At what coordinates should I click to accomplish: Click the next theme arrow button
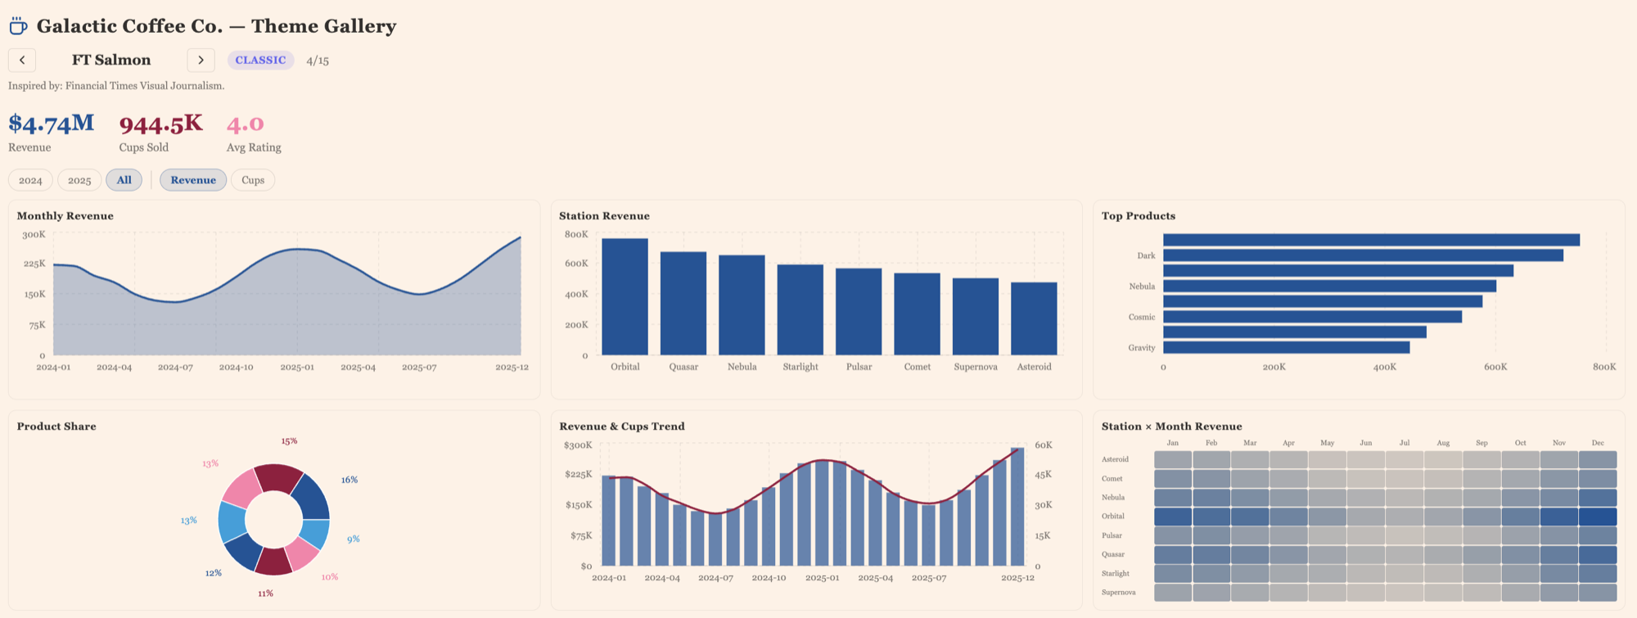[201, 60]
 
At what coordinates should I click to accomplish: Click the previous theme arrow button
[22, 60]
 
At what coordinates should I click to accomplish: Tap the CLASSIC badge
[260, 60]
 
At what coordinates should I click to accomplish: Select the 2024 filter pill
[30, 180]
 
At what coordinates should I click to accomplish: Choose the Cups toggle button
[253, 180]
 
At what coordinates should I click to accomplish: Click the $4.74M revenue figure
[51, 124]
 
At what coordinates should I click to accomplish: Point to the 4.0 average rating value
[246, 124]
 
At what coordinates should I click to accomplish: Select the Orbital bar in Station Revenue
[625, 296]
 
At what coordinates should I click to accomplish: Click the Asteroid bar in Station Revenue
[1034, 318]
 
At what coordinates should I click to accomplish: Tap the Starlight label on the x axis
[800, 367]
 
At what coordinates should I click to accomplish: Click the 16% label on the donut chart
[349, 480]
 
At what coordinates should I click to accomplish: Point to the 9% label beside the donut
[353, 539]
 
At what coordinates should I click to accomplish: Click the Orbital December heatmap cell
[1597, 517]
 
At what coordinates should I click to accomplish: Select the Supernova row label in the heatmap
[1118, 593]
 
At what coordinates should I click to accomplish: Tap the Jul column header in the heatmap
[1405, 443]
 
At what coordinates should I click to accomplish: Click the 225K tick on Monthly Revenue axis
[34, 264]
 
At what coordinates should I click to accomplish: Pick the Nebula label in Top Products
[1142, 286]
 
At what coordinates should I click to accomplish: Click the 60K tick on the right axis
[1044, 445]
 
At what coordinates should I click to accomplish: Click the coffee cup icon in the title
[18, 26]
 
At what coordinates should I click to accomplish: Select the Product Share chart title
[56, 426]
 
